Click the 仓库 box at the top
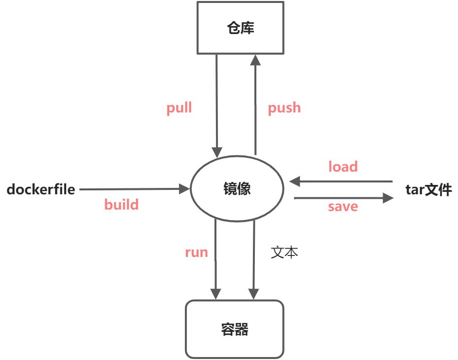(240, 28)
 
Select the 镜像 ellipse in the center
(237, 189)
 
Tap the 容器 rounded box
(234, 329)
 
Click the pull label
(179, 108)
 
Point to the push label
(284, 108)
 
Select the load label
(343, 167)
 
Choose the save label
(343, 206)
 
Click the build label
(121, 204)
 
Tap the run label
(196, 252)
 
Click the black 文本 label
(285, 252)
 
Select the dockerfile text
(41, 189)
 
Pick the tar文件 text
(428, 189)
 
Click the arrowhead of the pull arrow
(216, 151)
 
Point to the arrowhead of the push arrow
(254, 60)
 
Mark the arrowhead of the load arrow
(295, 181)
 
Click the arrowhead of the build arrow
(185, 188)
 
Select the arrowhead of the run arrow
(215, 293)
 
